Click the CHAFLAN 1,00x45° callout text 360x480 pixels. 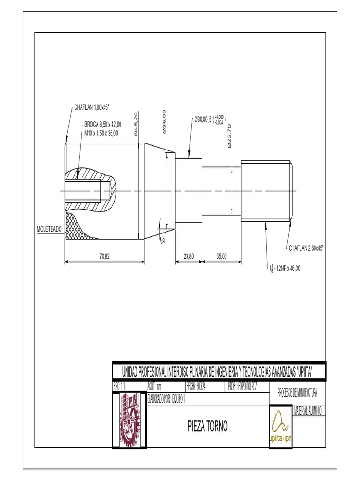[x=91, y=107]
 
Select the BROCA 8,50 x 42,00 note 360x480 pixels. [x=103, y=125]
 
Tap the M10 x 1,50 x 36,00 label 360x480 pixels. [x=101, y=133]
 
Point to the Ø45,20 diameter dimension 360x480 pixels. [x=136, y=124]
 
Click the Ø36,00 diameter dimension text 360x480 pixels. [x=165, y=121]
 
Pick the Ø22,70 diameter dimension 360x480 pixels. [x=229, y=136]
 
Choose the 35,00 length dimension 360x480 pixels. [x=222, y=256]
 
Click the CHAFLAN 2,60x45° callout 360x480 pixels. [x=306, y=248]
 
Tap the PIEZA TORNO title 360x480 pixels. [x=207, y=427]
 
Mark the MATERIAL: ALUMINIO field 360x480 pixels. [x=307, y=411]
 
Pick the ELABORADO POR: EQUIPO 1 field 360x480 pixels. [x=166, y=399]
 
